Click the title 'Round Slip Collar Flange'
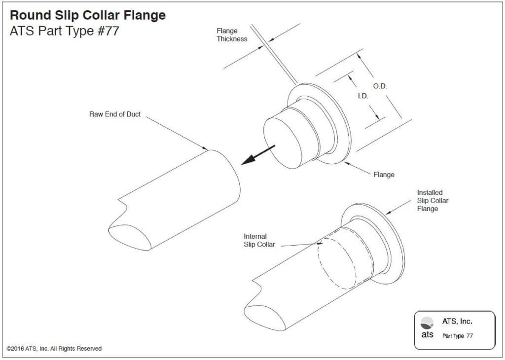[x=88, y=15]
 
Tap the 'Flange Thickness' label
[x=232, y=35]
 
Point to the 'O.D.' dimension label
[x=380, y=86]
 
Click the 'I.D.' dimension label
[x=362, y=96]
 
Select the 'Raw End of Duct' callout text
[x=115, y=114]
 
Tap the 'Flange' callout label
[x=384, y=175]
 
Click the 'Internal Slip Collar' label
[x=259, y=241]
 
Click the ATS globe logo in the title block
[x=427, y=323]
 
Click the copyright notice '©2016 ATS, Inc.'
[x=54, y=349]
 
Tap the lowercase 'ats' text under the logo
[x=427, y=335]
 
